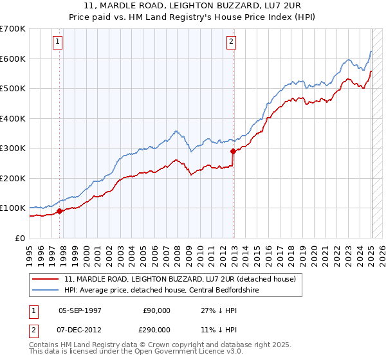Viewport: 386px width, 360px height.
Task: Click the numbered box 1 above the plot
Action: click(58, 42)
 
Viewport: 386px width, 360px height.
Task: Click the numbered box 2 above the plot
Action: click(231, 42)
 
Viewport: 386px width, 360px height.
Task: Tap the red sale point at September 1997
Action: click(59, 210)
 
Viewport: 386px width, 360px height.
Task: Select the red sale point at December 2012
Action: click(233, 151)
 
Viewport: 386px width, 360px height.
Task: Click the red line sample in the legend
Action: click(46, 279)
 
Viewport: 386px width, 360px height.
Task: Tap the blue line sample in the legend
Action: click(46, 290)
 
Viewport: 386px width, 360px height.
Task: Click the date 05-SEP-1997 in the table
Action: click(80, 310)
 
